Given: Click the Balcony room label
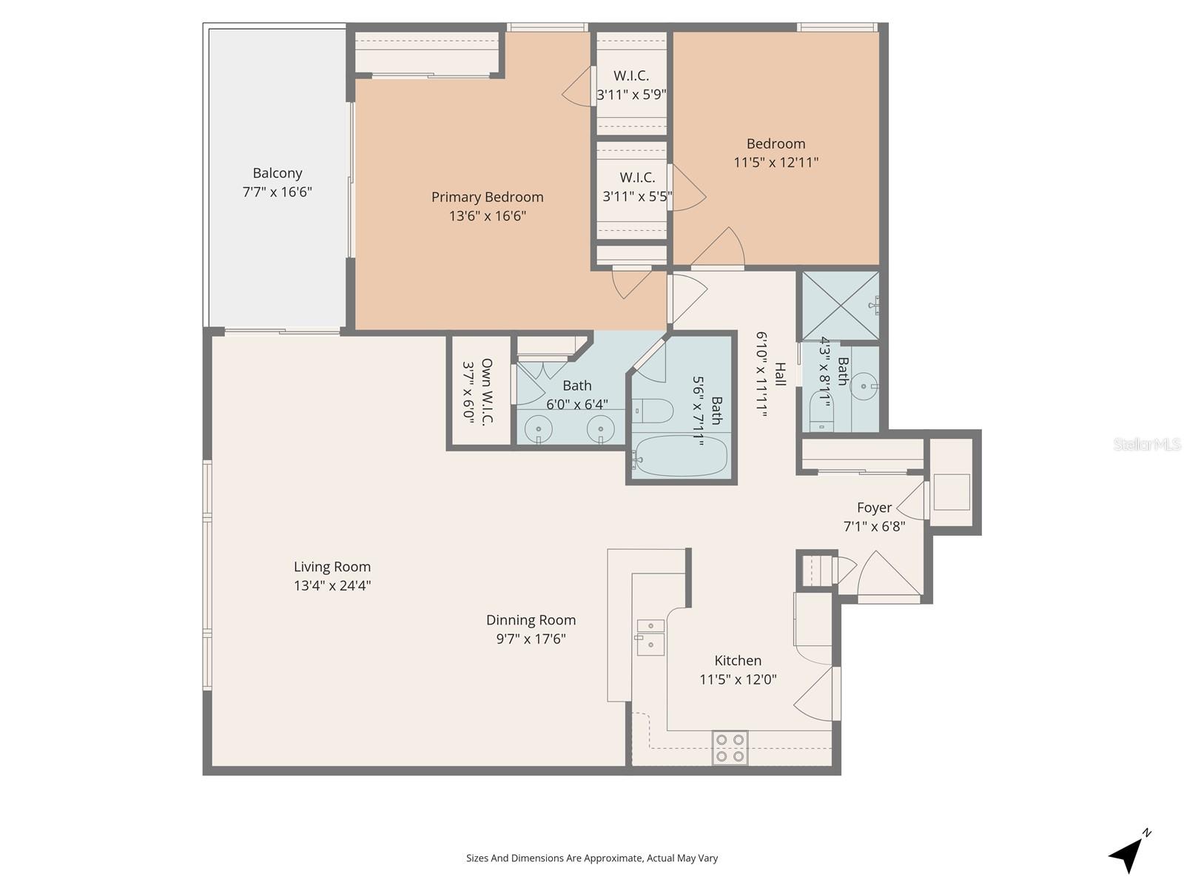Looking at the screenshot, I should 277,173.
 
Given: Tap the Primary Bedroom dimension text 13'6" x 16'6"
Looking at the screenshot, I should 487,216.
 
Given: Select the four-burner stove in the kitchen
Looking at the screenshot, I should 730,747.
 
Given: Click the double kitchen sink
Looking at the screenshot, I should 650,636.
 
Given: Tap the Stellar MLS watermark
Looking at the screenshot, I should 1146,445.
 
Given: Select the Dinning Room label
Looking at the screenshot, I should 531,620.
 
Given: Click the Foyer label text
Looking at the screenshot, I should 874,508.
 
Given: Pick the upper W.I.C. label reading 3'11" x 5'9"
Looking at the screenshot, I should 632,95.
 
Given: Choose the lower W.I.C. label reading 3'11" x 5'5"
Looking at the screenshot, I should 637,196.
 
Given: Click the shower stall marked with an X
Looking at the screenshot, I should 841,306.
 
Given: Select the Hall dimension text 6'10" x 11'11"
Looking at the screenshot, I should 762,374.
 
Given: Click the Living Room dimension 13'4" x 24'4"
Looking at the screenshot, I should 332,585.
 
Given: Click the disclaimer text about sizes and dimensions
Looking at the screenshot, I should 591,858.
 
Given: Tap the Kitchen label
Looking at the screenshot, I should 737,661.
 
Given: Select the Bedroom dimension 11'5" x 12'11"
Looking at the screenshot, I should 776,162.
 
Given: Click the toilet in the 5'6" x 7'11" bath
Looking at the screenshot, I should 652,410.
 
